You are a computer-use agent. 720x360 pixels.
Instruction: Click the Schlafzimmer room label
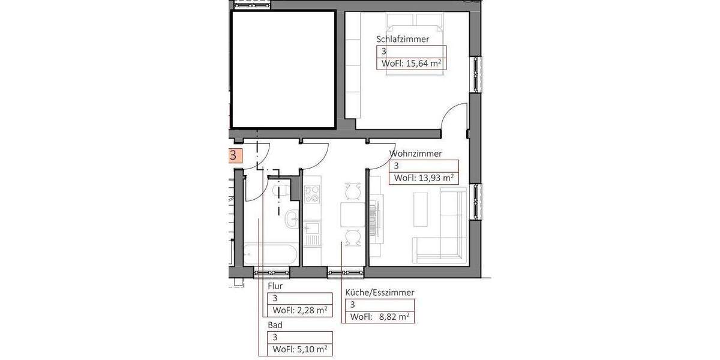(x=403, y=40)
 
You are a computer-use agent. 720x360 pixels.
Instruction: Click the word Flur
(x=275, y=287)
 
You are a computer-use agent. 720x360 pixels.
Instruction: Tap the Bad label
(x=274, y=325)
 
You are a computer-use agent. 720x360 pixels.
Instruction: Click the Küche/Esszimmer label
(x=380, y=293)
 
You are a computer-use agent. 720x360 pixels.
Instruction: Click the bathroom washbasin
(x=293, y=218)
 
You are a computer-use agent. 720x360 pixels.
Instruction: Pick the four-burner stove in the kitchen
(x=312, y=194)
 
